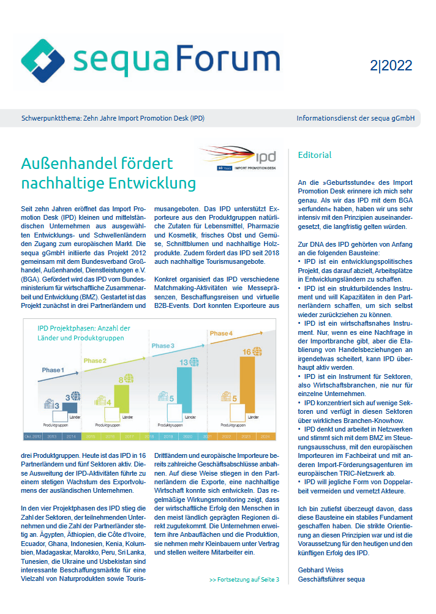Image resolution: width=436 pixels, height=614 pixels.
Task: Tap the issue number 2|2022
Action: click(x=391, y=66)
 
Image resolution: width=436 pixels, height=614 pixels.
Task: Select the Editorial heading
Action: click(x=315, y=155)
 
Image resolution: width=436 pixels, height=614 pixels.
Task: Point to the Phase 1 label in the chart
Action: click(x=52, y=370)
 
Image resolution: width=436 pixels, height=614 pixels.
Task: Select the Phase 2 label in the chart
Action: click(x=95, y=361)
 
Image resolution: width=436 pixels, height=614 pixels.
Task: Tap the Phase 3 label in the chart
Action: click(x=163, y=346)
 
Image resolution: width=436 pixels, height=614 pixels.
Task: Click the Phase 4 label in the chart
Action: click(x=221, y=334)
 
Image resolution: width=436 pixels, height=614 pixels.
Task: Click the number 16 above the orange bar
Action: click(x=246, y=351)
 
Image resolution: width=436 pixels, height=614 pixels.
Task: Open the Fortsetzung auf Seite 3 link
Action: click(x=244, y=580)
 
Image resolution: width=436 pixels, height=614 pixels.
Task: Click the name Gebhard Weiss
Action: click(x=320, y=570)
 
